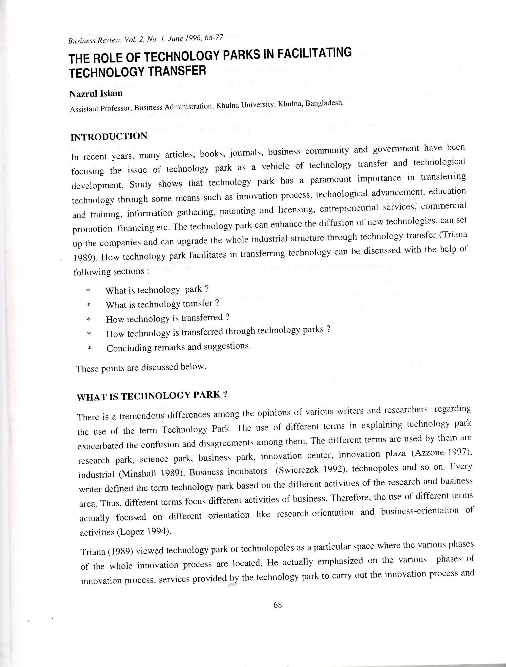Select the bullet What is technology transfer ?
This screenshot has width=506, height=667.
click(162, 304)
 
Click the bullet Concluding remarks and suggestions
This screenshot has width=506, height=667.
click(178, 347)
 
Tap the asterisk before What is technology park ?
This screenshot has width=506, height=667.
click(88, 291)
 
